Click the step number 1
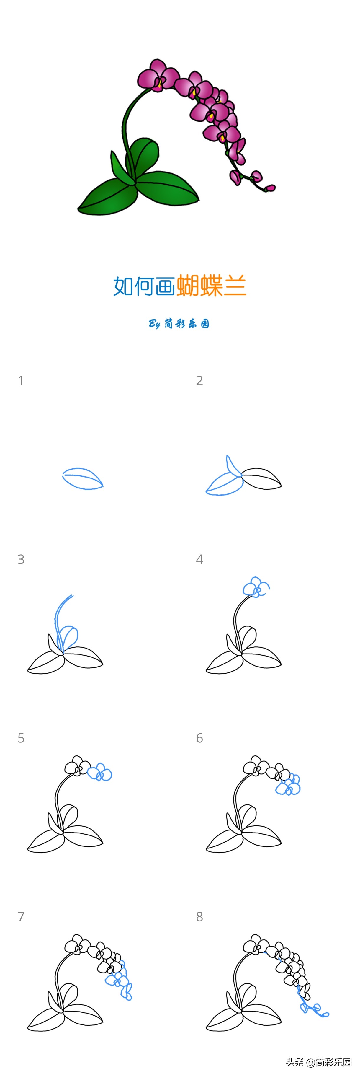pyautogui.click(x=20, y=381)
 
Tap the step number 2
pyautogui.click(x=199, y=381)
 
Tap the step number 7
pyautogui.click(x=21, y=916)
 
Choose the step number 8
pyautogui.click(x=199, y=916)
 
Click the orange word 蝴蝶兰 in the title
pyautogui.click(x=212, y=286)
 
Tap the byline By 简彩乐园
pyautogui.click(x=179, y=323)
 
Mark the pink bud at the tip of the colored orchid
pyautogui.click(x=270, y=188)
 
